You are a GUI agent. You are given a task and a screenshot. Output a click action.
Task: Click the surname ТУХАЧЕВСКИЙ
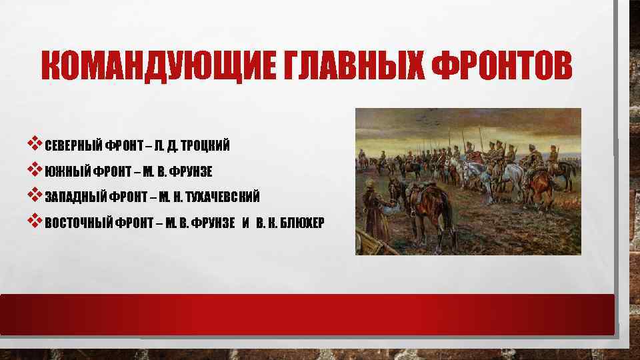223,197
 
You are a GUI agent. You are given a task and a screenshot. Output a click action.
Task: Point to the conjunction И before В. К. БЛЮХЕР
246,222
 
